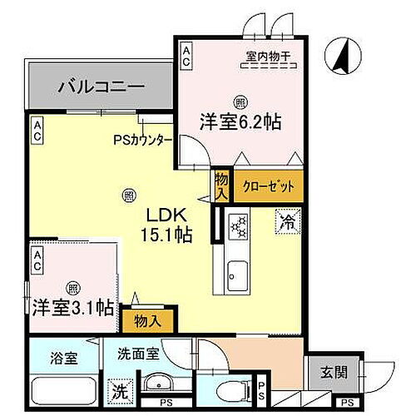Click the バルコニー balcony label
(x=102, y=86)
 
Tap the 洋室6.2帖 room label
(x=240, y=121)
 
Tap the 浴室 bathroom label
(x=52, y=359)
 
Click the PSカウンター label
(x=142, y=140)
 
